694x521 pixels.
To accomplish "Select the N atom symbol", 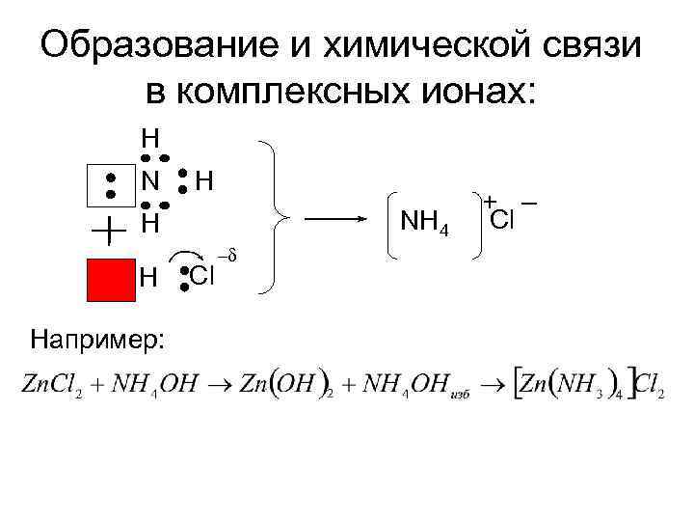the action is coord(150,180).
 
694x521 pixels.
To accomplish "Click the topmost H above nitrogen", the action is coord(150,136).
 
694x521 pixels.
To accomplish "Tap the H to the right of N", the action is coord(204,180).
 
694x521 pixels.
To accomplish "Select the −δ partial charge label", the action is coord(227,256).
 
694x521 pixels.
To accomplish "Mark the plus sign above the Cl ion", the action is coord(490,202).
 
